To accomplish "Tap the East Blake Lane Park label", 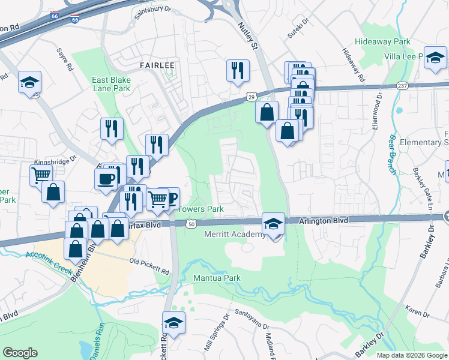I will coord(110,84).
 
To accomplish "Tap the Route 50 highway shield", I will coord(190,224).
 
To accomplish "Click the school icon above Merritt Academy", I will coord(273,224).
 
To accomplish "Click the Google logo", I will coord(20,353).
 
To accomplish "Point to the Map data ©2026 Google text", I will coord(412,355).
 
